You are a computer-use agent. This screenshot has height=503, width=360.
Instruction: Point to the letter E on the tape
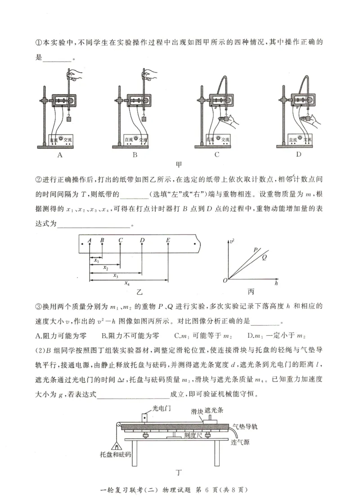click(168, 240)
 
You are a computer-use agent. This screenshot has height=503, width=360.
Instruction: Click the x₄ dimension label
click(127, 284)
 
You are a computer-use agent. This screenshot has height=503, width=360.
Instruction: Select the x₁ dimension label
click(96, 260)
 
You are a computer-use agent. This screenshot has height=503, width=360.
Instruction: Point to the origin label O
click(225, 281)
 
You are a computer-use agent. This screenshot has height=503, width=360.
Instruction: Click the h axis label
click(276, 285)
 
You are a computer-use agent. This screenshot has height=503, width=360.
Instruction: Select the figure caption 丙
click(251, 292)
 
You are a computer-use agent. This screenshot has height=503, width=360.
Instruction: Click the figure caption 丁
click(179, 472)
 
